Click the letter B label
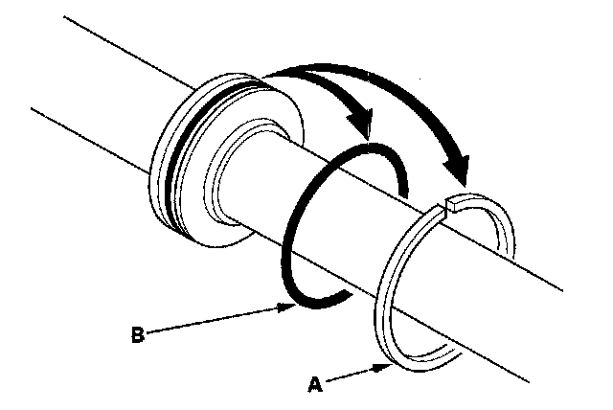tap(137, 336)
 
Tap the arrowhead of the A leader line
tap(381, 365)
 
